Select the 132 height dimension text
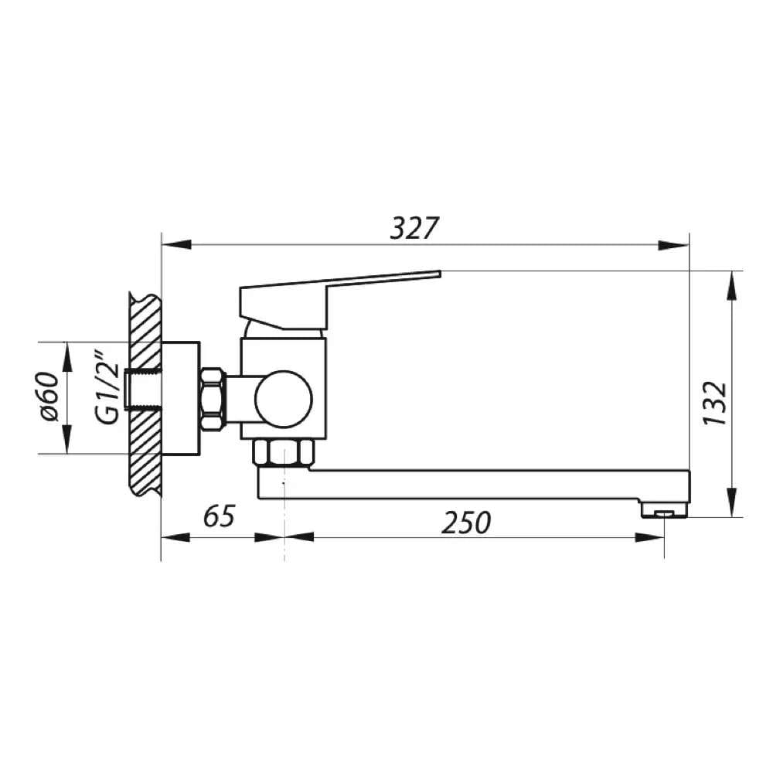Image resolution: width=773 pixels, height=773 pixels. (715, 403)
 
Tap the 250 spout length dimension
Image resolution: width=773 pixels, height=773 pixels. (466, 523)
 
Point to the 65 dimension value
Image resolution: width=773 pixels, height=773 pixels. (219, 516)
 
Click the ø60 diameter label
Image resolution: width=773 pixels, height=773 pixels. (47, 397)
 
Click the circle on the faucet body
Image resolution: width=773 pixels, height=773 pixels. (284, 399)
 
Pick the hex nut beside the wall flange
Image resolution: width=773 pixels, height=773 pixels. (213, 399)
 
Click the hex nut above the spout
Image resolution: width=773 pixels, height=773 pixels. (284, 452)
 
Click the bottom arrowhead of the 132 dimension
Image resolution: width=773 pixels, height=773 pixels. (731, 504)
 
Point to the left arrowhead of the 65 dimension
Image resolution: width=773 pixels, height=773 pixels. (175, 537)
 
